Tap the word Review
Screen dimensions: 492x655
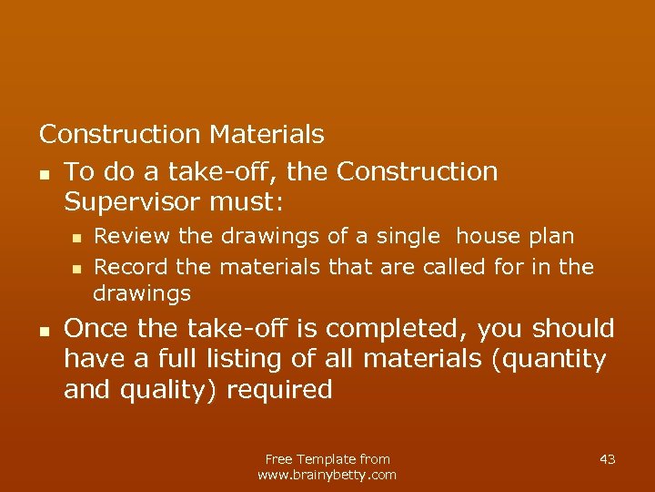pos(133,237)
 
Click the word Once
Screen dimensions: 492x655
pos(95,328)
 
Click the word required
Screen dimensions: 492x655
pos(279,390)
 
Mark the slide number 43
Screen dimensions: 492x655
pos(608,459)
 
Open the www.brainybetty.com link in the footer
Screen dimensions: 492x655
pos(327,475)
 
